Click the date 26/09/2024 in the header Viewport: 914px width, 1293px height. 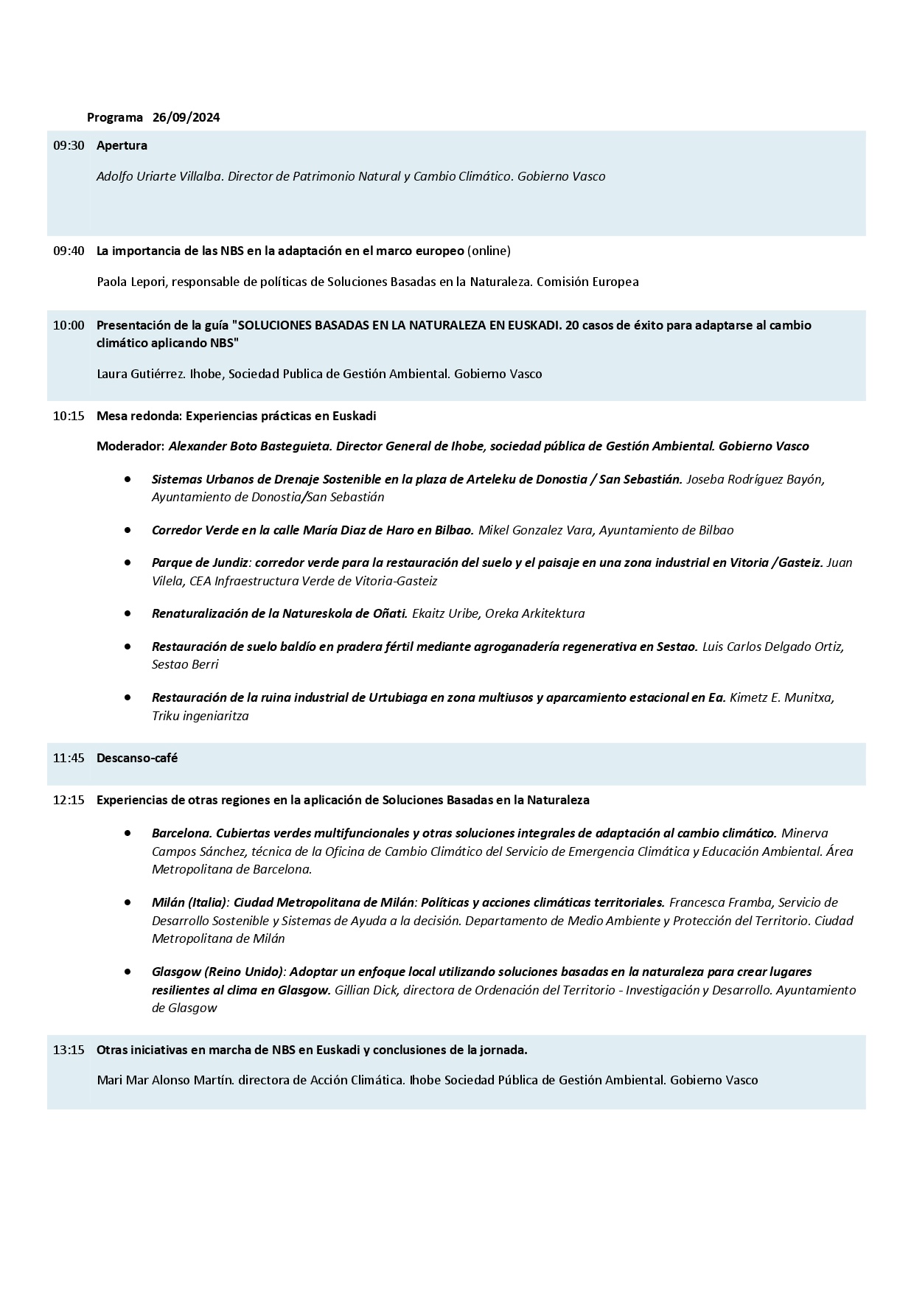(x=186, y=117)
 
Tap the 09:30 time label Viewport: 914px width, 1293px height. (x=69, y=145)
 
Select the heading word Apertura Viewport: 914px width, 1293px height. (x=122, y=145)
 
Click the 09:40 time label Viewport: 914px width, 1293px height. (x=69, y=251)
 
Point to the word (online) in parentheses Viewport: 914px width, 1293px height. (x=489, y=251)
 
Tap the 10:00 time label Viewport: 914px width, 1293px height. (x=69, y=325)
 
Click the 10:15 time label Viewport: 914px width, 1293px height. (x=69, y=416)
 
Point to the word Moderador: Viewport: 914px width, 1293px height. (x=130, y=446)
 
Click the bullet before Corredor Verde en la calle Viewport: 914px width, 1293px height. (x=128, y=530)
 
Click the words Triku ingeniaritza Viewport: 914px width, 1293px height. (x=200, y=716)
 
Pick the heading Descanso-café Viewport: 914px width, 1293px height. (x=137, y=758)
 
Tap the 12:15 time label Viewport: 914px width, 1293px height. (x=69, y=800)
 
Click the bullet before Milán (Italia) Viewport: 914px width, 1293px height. (x=128, y=902)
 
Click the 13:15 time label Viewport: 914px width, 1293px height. (x=69, y=1050)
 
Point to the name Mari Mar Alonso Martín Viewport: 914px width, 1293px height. (x=164, y=1080)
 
